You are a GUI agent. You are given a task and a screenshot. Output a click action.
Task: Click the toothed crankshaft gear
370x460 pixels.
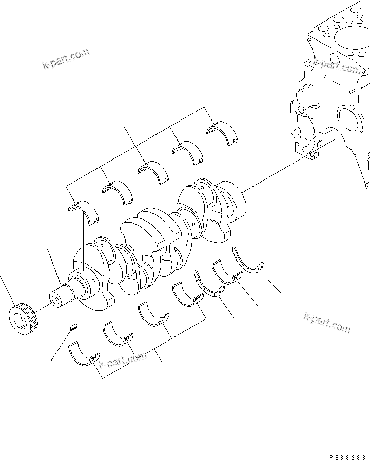(x=24, y=319)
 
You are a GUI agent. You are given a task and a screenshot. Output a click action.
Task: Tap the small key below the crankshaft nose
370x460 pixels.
(x=74, y=326)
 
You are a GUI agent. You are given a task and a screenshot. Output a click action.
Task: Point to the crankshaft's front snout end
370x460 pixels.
(x=55, y=298)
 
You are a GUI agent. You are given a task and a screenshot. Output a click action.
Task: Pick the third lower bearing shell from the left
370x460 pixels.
(x=153, y=315)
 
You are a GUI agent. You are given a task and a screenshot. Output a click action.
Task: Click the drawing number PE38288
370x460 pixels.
(x=346, y=455)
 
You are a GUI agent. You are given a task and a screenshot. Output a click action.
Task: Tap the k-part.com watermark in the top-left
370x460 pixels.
(x=65, y=59)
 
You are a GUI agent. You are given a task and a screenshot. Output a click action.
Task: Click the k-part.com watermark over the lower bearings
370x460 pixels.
(x=122, y=361)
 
